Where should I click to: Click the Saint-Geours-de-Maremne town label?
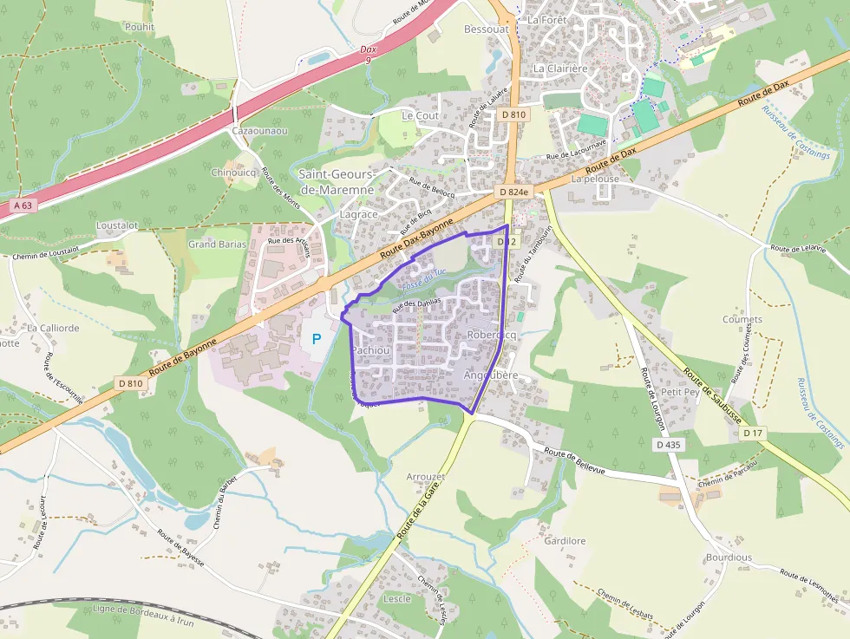pyautogui.click(x=337, y=182)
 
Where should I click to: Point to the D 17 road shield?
pyautogui.click(x=753, y=432)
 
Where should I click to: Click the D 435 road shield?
pyautogui.click(x=670, y=444)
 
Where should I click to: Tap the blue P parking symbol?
pyautogui.click(x=317, y=338)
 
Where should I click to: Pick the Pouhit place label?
pyautogui.click(x=139, y=27)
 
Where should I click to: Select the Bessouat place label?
pyautogui.click(x=486, y=29)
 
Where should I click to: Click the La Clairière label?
pyautogui.click(x=560, y=68)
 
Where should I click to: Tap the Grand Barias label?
pyautogui.click(x=218, y=245)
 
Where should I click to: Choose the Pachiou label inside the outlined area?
pyautogui.click(x=370, y=350)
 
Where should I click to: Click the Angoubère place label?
pyautogui.click(x=491, y=375)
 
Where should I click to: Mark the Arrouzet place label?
pyautogui.click(x=426, y=477)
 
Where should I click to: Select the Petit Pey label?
pyautogui.click(x=680, y=392)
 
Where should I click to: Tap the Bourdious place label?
pyautogui.click(x=729, y=557)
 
